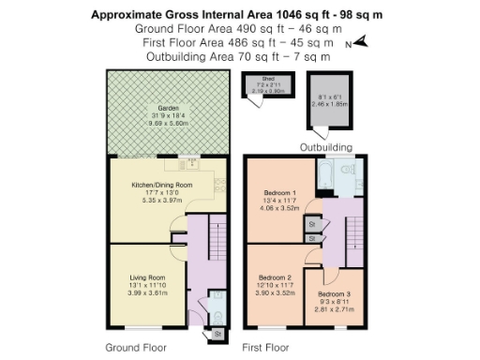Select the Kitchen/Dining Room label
coord(164,186)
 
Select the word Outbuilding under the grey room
coord(325,147)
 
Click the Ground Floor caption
coord(129,346)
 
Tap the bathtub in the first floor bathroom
coord(331,175)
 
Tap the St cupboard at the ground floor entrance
coord(217,333)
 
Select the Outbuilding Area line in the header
coord(239,56)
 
